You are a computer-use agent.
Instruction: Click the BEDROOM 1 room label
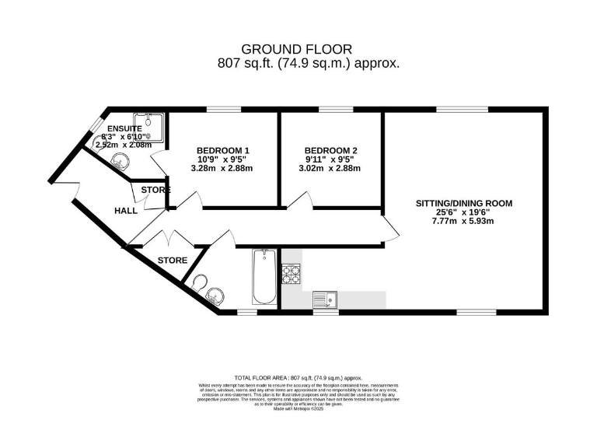coord(222,150)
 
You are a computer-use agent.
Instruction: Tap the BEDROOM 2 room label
coord(331,150)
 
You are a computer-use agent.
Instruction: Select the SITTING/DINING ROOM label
coord(463,203)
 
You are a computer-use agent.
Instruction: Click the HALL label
coord(125,211)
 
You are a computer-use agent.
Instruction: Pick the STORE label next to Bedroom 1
coord(155,190)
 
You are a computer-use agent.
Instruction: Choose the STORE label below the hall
coord(173,260)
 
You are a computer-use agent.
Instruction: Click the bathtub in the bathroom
coord(262,278)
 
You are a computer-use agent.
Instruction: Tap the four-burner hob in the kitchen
coord(292,273)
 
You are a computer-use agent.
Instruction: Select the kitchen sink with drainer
coord(326,299)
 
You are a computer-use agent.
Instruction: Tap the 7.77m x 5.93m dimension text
coord(463,221)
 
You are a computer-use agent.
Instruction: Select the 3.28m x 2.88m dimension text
coord(222,168)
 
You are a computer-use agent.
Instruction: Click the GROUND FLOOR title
coord(298,48)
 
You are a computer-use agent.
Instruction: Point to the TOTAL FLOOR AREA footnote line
coord(298,376)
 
